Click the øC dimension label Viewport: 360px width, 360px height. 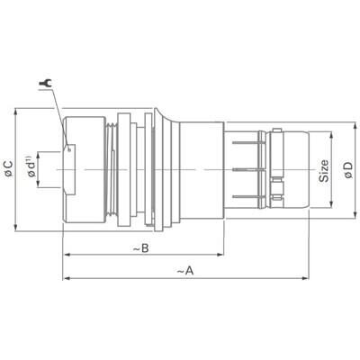[9, 168]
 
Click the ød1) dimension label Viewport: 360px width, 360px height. [32, 170]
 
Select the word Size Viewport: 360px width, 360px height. [324, 170]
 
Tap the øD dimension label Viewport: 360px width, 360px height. [348, 168]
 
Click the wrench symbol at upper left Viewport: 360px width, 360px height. [45, 85]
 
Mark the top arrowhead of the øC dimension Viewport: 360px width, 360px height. [18, 112]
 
